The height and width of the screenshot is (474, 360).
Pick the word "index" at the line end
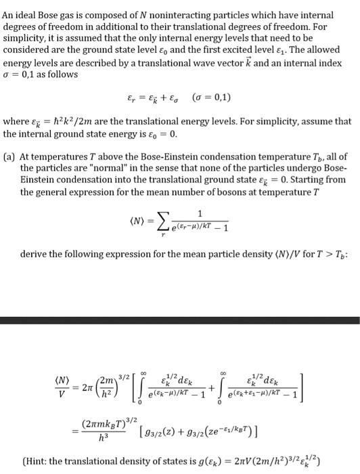point(338,63)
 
